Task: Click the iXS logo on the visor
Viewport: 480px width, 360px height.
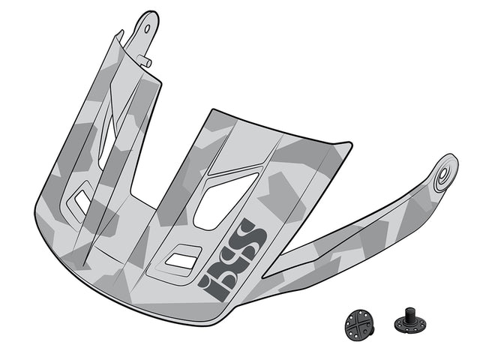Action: point(232,258)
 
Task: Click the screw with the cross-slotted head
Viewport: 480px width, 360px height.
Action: point(359,322)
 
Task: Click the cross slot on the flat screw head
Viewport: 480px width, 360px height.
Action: point(359,322)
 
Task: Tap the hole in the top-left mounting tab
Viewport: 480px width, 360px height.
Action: point(147,28)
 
